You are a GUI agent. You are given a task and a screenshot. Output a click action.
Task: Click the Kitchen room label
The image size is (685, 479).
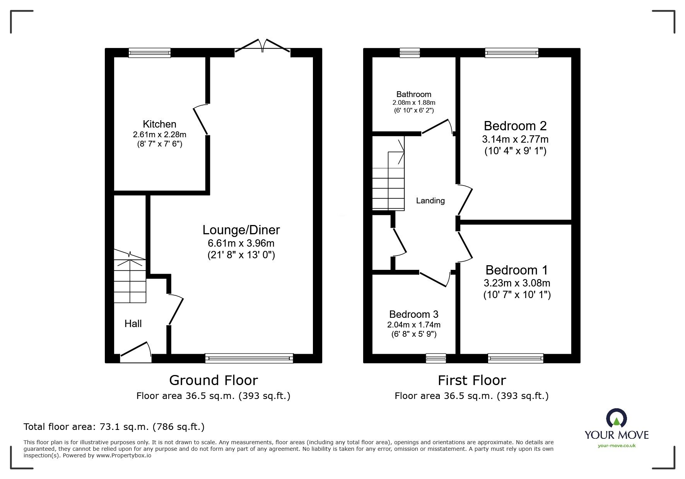pyautogui.click(x=159, y=124)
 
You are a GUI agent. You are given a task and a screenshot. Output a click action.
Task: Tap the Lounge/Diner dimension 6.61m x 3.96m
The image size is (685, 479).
pyautogui.click(x=241, y=243)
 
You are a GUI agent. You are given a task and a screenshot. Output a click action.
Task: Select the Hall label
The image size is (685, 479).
pyautogui.click(x=133, y=324)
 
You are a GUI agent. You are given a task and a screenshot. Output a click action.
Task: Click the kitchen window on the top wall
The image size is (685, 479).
pyautogui.click(x=149, y=53)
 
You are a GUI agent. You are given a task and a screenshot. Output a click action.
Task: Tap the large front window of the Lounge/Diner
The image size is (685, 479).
pyautogui.click(x=249, y=358)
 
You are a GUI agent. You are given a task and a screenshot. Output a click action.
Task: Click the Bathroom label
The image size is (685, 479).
pyautogui.click(x=413, y=94)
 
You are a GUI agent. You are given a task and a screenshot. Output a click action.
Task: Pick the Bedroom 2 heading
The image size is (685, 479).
pyautogui.click(x=515, y=126)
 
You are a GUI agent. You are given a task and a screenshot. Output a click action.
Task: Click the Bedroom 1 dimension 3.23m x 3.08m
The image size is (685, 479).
pyautogui.click(x=517, y=283)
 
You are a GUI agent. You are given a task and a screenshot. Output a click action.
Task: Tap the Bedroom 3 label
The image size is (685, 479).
pyautogui.click(x=413, y=314)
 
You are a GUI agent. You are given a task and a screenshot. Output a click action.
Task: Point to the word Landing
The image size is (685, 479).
pyautogui.click(x=430, y=201)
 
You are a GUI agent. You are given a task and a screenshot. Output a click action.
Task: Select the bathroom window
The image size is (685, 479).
pyautogui.click(x=410, y=53)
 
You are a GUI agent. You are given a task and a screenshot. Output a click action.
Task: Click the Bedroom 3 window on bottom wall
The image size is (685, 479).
pyautogui.click(x=436, y=358)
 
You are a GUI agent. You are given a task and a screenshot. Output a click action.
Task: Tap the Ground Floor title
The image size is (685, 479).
pyautogui.click(x=213, y=380)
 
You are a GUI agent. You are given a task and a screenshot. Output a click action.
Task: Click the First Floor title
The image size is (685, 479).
pyautogui.click(x=471, y=380)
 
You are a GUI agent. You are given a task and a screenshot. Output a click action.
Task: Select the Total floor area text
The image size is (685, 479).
pyautogui.click(x=114, y=427)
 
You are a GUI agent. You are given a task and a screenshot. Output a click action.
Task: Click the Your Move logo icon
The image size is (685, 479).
pyautogui.click(x=616, y=418)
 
